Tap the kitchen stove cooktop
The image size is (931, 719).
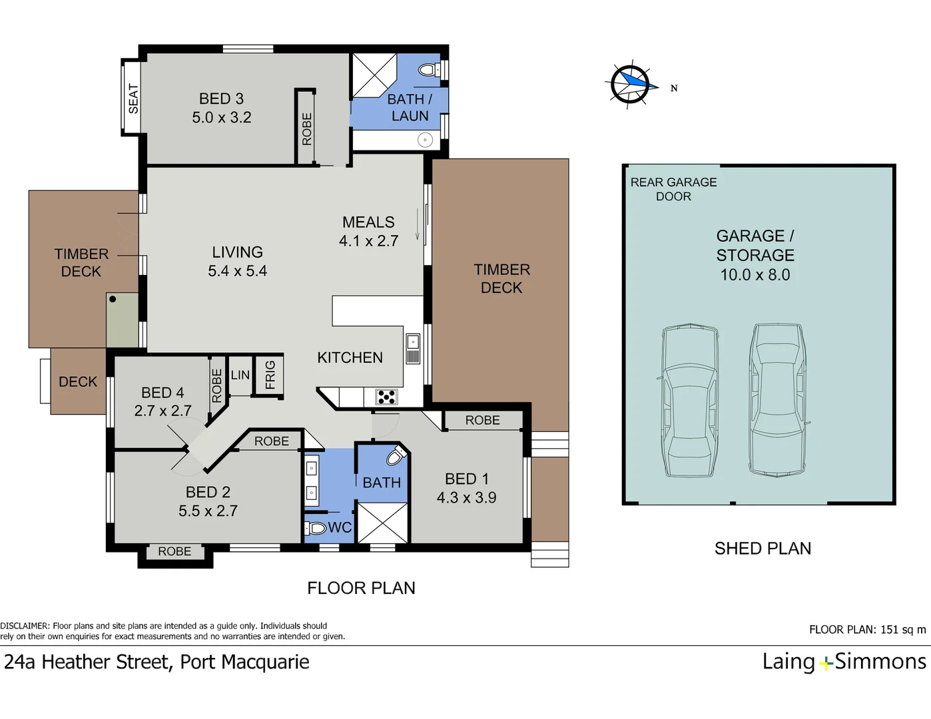point(387,397)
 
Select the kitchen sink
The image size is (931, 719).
point(413,348)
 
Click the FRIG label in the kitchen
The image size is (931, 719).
point(270,375)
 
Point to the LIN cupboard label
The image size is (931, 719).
point(240,375)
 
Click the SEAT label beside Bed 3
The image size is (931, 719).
point(133,98)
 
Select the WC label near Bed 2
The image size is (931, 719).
point(340,528)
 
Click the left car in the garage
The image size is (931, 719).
point(690,401)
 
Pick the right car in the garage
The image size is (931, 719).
point(777,399)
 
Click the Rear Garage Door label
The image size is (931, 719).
point(673,189)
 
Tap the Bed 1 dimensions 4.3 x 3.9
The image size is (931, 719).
point(466,498)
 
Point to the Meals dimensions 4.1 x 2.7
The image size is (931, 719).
point(368,241)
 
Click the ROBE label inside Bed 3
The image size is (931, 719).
point(306,128)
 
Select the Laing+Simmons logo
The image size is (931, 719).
point(844,662)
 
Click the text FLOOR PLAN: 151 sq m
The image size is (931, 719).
point(867,630)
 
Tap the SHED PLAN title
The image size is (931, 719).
point(763,549)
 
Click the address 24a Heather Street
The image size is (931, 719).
point(156,662)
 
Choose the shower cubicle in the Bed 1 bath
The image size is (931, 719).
point(382,523)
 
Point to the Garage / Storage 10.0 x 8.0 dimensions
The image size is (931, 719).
point(755,275)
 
